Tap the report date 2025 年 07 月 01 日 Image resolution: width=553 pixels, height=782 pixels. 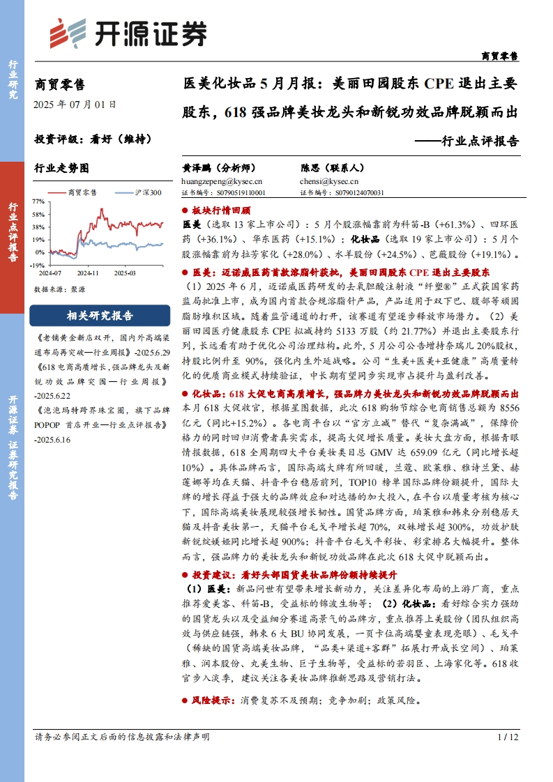click(75, 105)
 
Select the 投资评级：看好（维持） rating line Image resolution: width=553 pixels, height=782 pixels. click(93, 138)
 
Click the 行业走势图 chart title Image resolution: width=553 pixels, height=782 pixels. click(62, 168)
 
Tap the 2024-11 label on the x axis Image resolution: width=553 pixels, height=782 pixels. click(89, 274)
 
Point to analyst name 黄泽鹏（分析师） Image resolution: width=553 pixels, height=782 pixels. click(219, 168)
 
